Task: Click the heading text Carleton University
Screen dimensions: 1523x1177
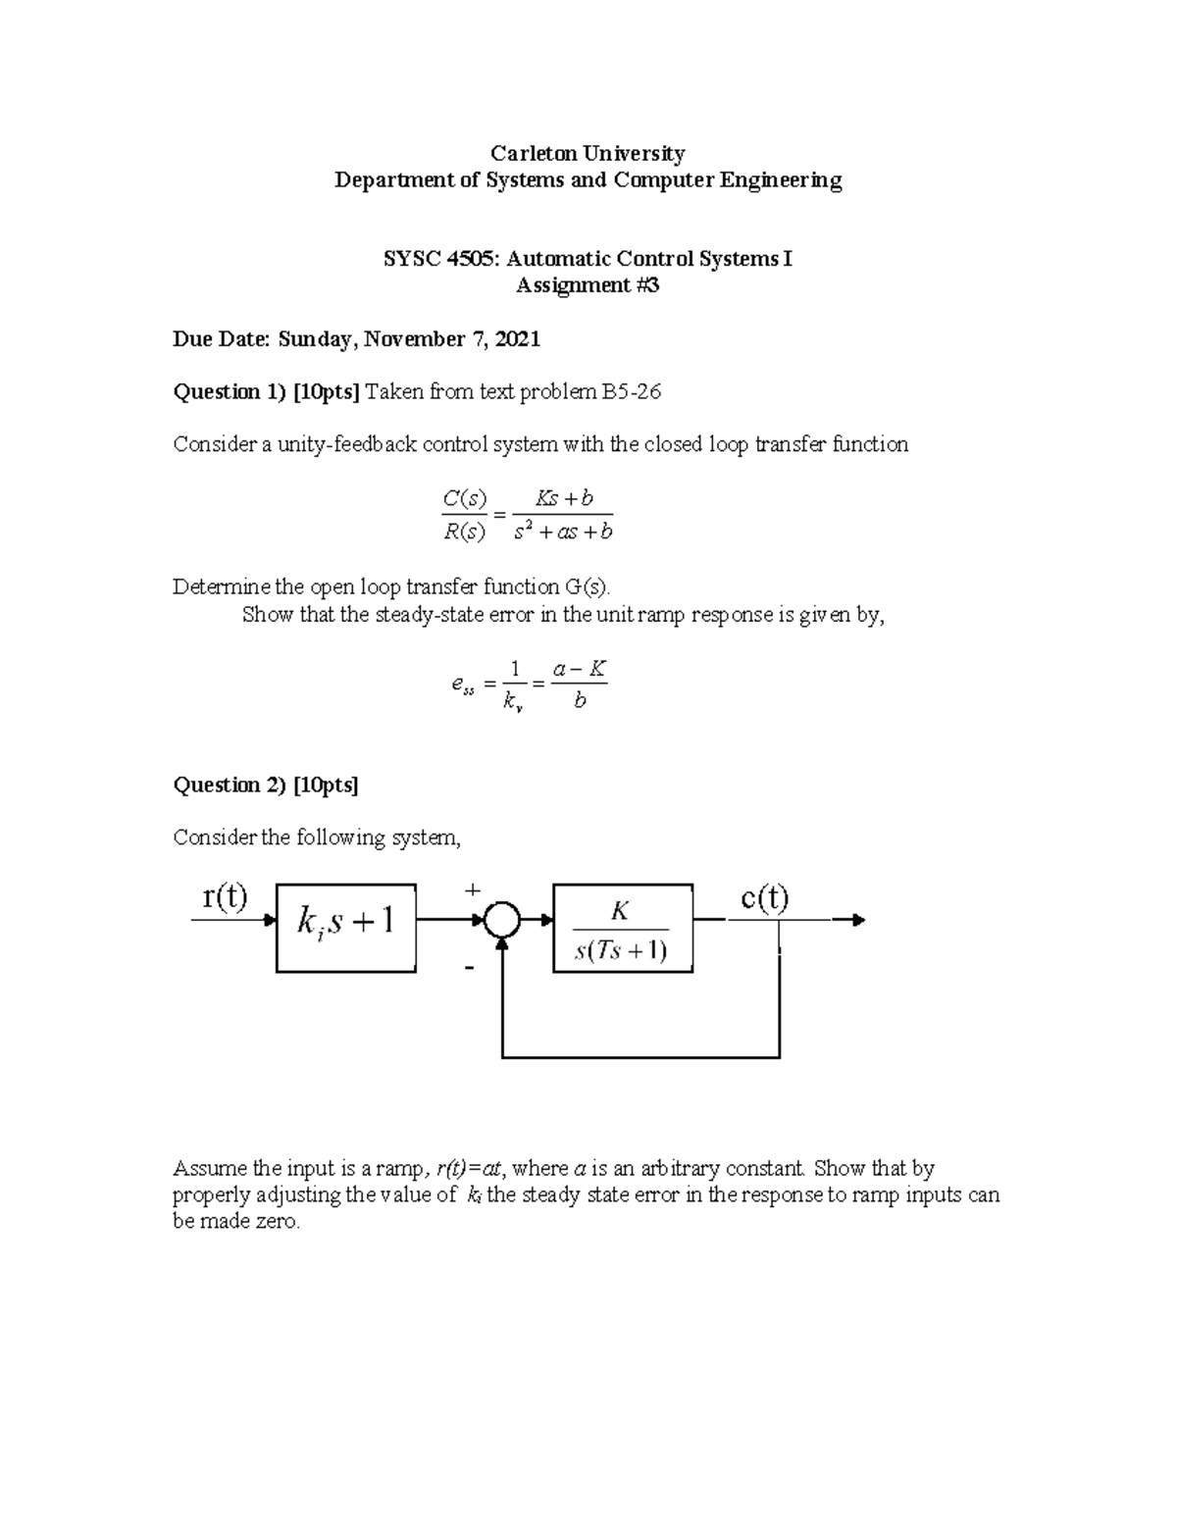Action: point(588,153)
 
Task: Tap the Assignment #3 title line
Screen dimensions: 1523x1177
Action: point(588,285)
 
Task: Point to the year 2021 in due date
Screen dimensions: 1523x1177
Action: point(518,339)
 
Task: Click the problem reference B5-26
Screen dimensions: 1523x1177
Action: point(632,392)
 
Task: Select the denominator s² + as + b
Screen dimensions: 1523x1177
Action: point(563,533)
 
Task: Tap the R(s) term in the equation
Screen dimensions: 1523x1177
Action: point(463,533)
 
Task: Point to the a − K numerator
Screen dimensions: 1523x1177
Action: point(580,670)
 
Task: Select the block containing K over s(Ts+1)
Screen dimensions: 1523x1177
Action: point(623,928)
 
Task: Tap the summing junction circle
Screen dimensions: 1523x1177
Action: point(502,921)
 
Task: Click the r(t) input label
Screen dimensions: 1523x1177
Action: point(225,896)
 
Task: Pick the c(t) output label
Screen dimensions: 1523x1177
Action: point(764,898)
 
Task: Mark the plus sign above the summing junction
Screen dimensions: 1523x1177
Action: point(473,889)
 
